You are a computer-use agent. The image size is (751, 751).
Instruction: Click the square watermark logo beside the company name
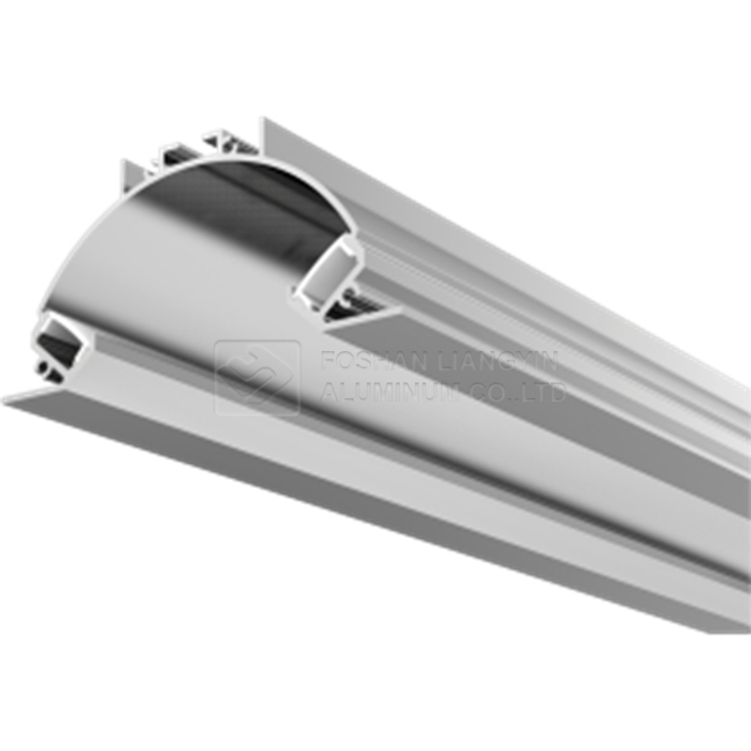[257, 377]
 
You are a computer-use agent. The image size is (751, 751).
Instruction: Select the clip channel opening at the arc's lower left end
[57, 338]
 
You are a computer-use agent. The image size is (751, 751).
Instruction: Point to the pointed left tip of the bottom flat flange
[8, 401]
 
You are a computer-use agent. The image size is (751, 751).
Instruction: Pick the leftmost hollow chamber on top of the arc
[169, 157]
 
